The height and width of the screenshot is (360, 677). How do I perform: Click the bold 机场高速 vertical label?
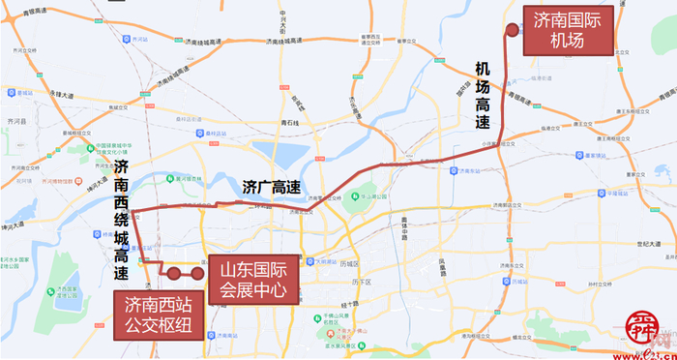pos(483,96)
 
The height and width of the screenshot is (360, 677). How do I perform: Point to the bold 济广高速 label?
pos(270,186)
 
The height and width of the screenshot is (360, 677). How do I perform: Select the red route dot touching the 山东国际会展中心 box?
pos(197,274)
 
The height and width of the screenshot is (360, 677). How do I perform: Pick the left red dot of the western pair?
pos(174,274)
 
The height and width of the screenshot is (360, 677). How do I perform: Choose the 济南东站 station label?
pos(468,170)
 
